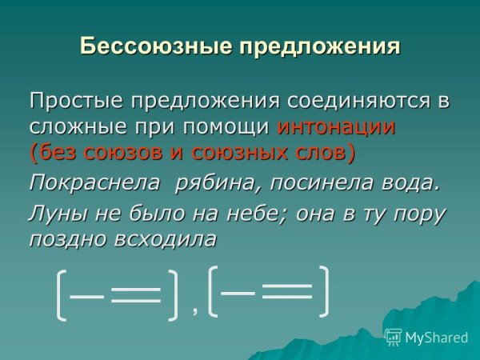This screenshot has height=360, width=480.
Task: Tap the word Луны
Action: click(54, 214)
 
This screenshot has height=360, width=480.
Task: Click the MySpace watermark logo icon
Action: click(394, 337)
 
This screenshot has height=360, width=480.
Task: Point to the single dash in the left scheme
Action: click(87, 296)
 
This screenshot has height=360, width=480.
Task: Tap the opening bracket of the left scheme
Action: click(62, 296)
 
